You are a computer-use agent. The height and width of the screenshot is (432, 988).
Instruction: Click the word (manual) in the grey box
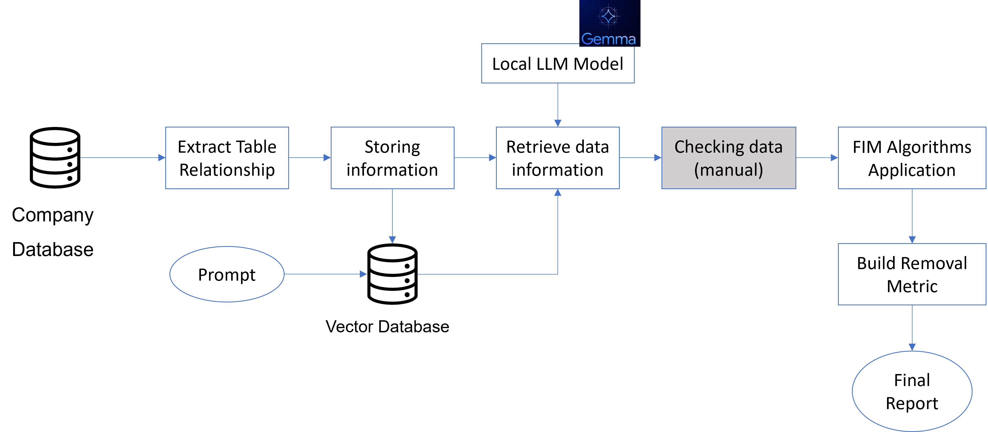[728, 170]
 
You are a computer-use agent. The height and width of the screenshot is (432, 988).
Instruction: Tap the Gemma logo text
[608, 39]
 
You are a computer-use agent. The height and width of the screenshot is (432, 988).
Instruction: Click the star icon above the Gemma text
[608, 16]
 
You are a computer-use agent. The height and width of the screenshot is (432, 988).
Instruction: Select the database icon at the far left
[55, 158]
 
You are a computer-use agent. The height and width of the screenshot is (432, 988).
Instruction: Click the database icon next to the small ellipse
[392, 274]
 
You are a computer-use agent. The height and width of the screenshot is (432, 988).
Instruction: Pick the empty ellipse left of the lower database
[227, 274]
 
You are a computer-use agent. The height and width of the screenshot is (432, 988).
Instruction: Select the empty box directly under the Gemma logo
[558, 63]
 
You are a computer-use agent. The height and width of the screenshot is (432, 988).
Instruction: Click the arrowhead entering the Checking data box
[657, 158]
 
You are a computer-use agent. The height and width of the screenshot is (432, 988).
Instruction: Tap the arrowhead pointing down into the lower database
[392, 240]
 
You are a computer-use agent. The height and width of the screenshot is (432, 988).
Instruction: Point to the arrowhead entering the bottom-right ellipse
[912, 347]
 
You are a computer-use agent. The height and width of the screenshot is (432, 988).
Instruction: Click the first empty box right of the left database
[227, 158]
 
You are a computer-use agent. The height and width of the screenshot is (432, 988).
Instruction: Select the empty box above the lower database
[392, 158]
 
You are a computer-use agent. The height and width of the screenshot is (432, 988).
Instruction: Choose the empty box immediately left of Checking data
[558, 158]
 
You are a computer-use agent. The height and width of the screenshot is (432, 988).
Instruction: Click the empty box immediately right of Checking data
[912, 158]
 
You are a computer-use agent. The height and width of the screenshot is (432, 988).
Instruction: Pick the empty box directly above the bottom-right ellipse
[912, 274]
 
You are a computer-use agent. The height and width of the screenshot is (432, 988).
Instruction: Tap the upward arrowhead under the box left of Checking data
[558, 193]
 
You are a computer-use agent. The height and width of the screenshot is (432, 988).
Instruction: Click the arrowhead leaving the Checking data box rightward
[834, 158]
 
